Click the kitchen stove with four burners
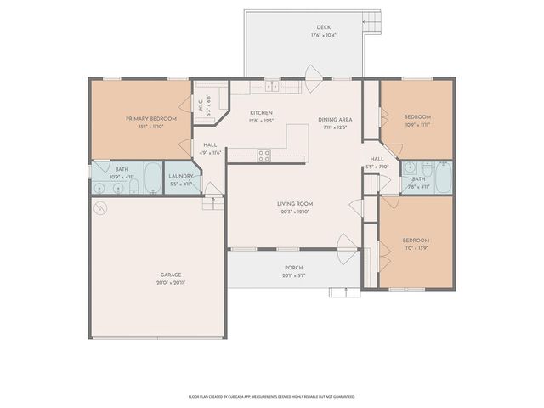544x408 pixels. pyautogui.click(x=263, y=156)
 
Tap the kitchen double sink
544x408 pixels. pyautogui.click(x=272, y=87)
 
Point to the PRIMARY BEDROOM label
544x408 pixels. pyautogui.click(x=151, y=118)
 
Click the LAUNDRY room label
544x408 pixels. pyautogui.click(x=182, y=177)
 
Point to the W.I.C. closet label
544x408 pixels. pyautogui.click(x=201, y=105)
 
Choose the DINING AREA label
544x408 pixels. pyautogui.click(x=335, y=120)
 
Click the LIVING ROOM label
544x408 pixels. pyautogui.click(x=295, y=204)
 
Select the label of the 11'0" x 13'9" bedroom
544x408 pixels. pyautogui.click(x=416, y=240)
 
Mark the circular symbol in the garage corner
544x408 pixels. pyautogui.click(x=100, y=208)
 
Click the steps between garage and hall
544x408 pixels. pyautogui.click(x=212, y=204)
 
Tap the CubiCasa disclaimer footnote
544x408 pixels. pyautogui.click(x=272, y=396)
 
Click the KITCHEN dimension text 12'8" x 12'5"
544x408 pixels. pyautogui.click(x=261, y=121)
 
